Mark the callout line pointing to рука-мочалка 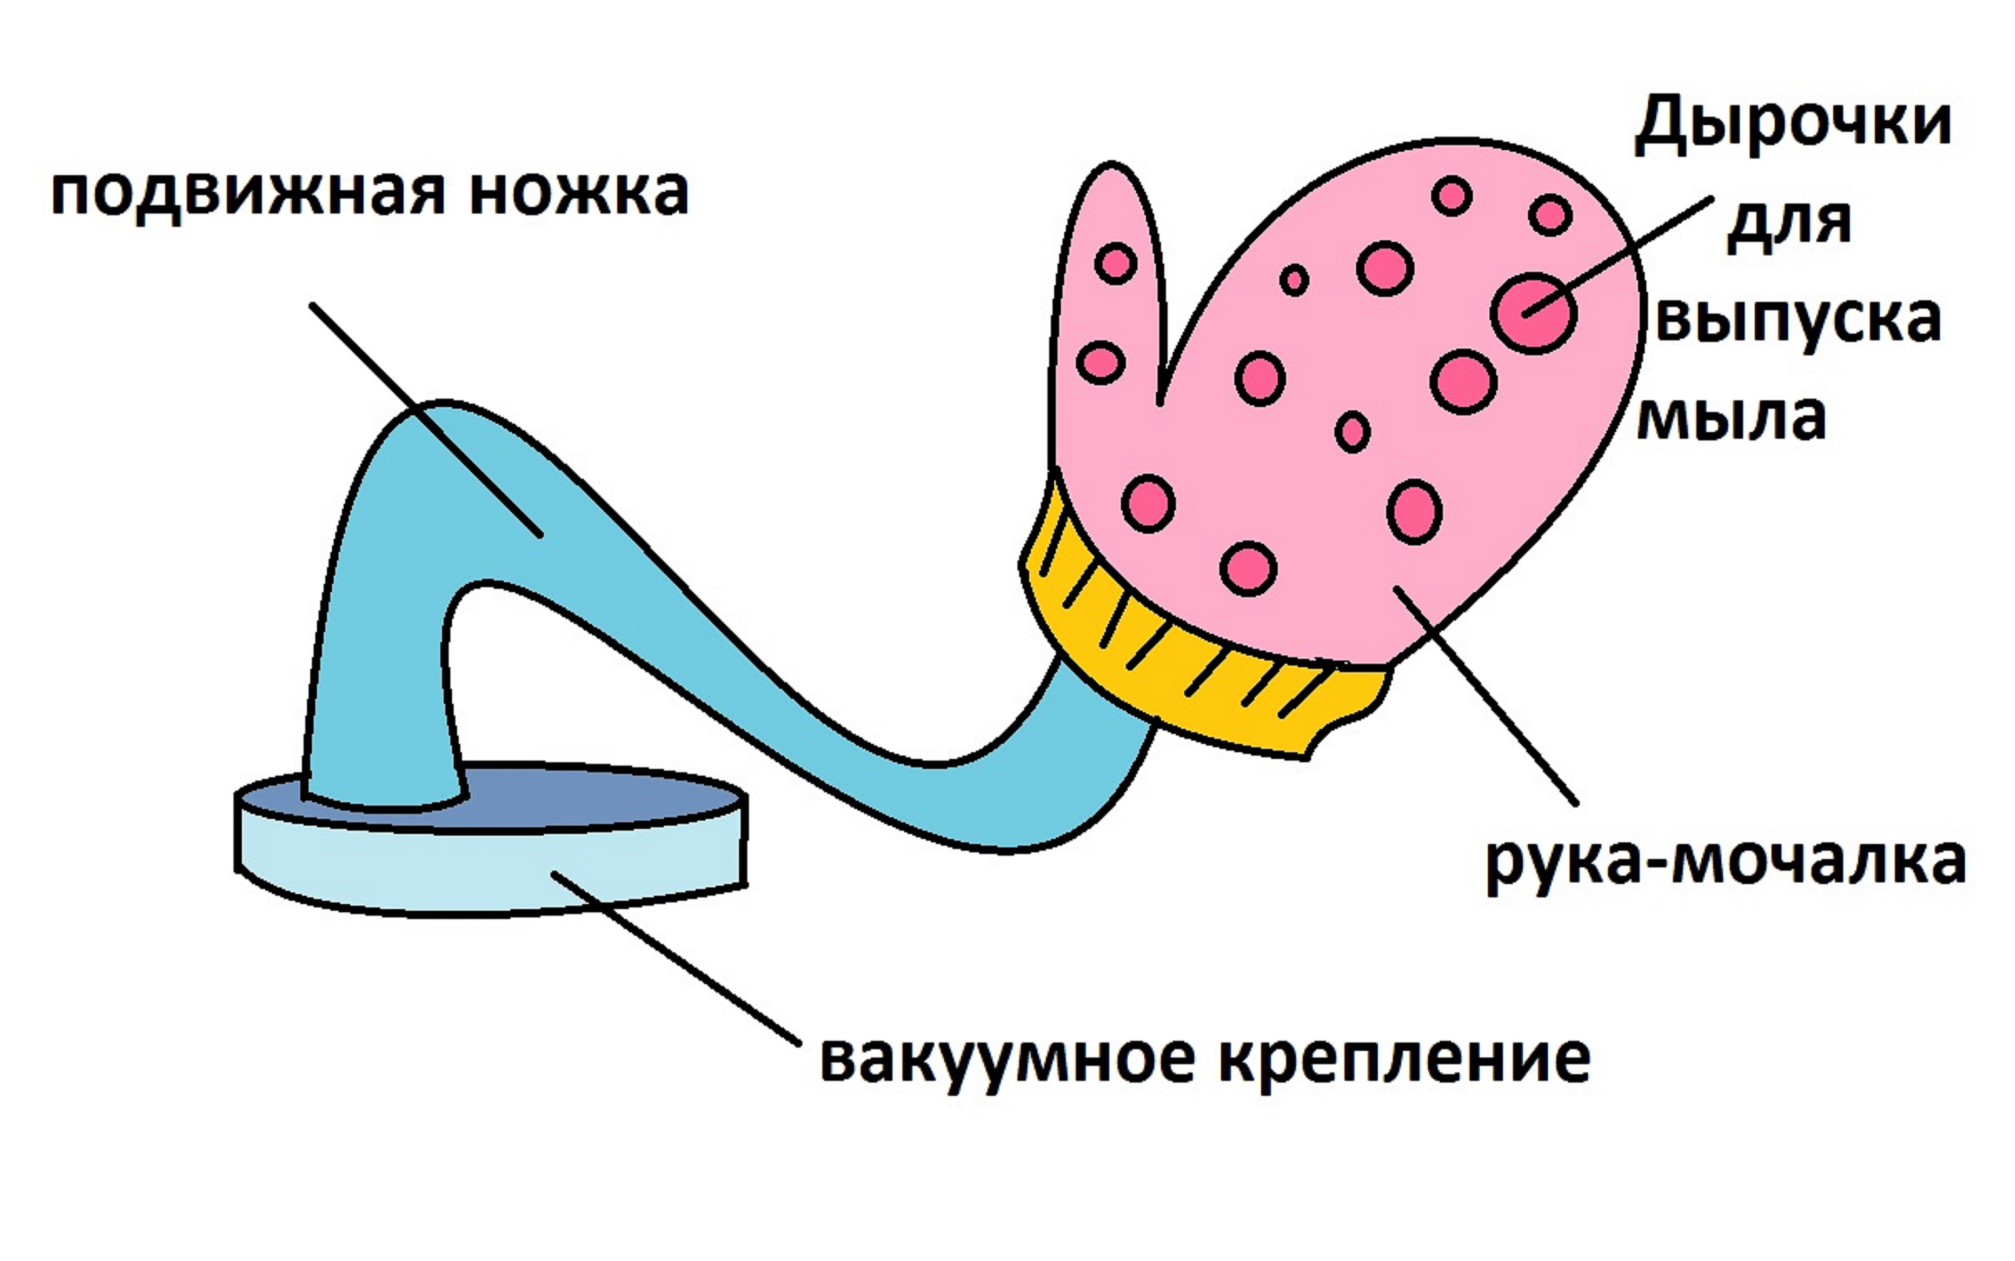coord(1485,696)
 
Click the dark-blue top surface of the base coord(601,796)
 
